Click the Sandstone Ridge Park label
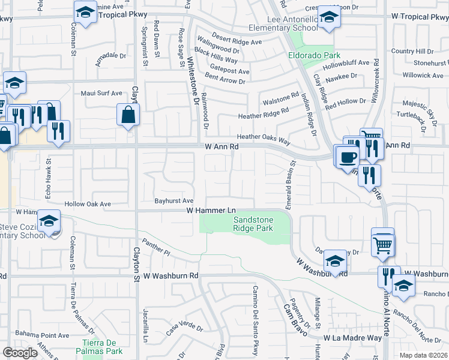click(x=253, y=224)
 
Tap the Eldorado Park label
click(x=310, y=56)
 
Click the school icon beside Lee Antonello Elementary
click(x=329, y=18)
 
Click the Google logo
click(x=20, y=352)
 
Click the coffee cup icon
click(x=348, y=158)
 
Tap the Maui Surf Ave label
click(x=101, y=94)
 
